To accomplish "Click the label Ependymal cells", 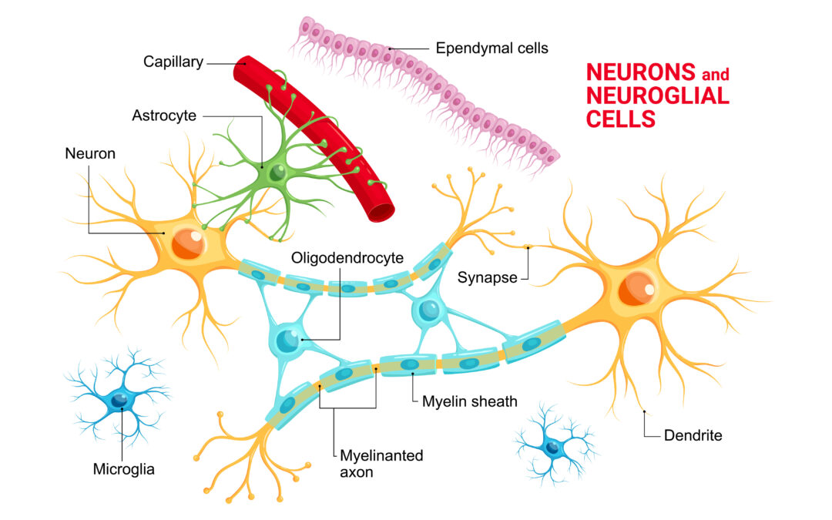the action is pos(491,49).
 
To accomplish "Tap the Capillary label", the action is pos(173,62).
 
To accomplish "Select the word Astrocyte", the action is pos(164,116).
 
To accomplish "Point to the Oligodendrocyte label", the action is pos(347,258).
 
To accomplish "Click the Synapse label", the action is pos(487,277).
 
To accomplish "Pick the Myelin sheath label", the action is pos(470,401).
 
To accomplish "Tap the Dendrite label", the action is pos(693,435).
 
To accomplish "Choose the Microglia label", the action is pos(123,469).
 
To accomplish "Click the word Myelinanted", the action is pos(381,456).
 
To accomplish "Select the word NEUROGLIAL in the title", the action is pos(658,96).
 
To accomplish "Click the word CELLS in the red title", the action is pos(621,119).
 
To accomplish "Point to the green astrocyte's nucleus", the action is pos(277,173).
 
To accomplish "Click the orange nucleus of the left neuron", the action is pos(188,243).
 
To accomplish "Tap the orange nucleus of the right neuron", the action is pos(637,289).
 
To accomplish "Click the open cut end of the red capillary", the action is pos(381,213).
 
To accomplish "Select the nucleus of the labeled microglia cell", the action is pos(119,400).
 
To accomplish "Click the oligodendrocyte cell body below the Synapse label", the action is pos(429,310).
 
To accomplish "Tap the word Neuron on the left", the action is pos(90,154).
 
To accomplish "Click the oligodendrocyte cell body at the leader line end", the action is pos(288,339).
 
